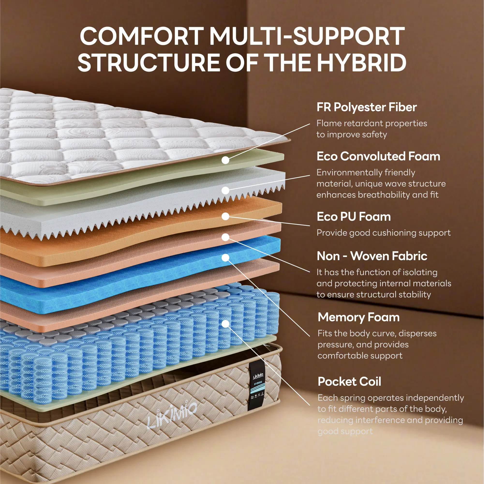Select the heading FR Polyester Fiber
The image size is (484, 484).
366,107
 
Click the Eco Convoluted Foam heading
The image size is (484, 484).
378,156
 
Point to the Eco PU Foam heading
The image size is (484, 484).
353,217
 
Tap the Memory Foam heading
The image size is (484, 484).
358,317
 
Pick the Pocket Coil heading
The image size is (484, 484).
349,382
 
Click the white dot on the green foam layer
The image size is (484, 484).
225,160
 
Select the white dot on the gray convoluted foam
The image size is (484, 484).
225,190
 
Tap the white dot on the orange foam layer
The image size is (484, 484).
225,216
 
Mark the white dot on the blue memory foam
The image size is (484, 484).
225,258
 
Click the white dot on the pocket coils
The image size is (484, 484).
225,324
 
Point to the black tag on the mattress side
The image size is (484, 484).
257,386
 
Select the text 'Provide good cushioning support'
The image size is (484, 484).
383,233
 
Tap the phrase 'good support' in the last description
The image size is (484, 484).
345,431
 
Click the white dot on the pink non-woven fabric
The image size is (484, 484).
225,237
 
